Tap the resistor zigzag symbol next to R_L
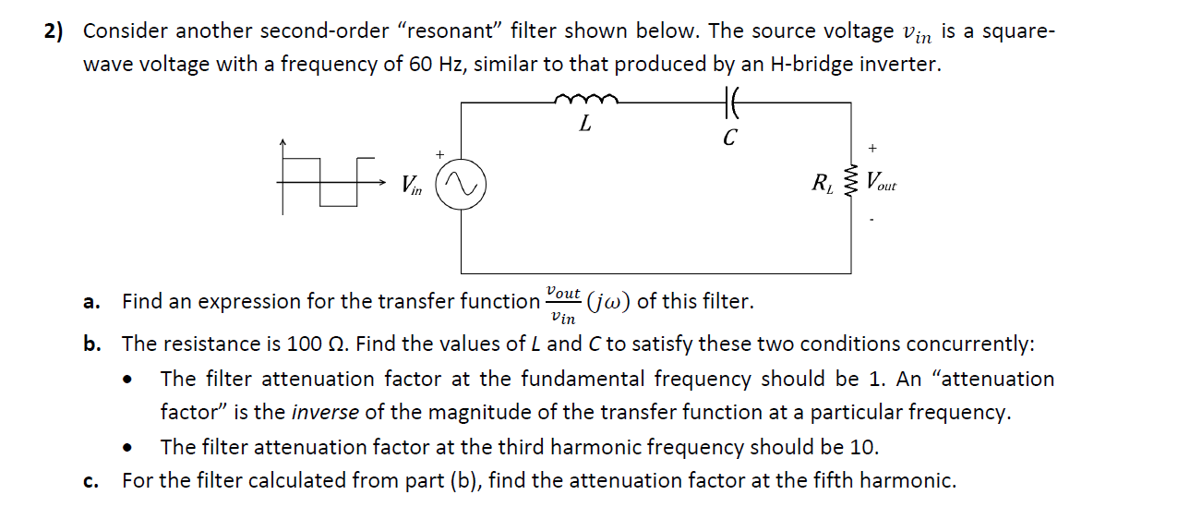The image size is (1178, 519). coord(850,182)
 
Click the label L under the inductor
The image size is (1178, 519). coord(585,124)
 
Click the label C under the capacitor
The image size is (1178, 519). coord(729,139)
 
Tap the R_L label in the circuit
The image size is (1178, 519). coord(823,183)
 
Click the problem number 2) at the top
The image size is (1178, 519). coord(54,31)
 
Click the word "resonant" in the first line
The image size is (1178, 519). coord(449,31)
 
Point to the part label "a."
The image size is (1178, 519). coord(90,302)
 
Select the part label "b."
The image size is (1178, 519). coord(91,344)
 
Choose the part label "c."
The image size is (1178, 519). coord(90,481)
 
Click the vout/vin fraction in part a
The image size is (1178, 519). coord(563,302)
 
